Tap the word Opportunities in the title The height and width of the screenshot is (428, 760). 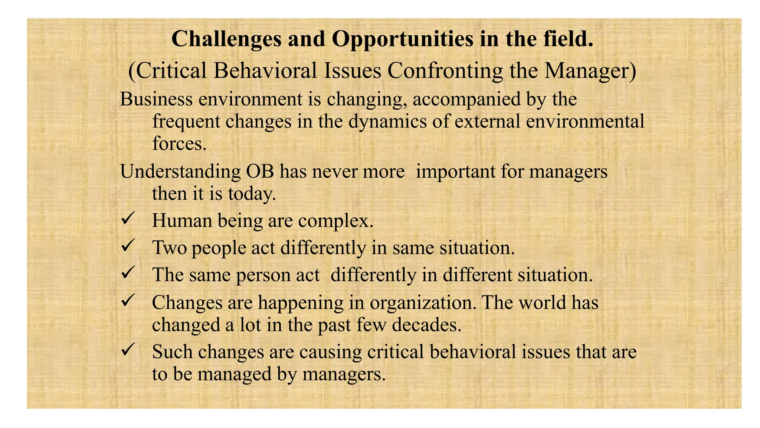coord(402,39)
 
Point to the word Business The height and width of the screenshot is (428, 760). coord(156,99)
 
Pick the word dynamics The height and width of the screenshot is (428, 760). coord(387,121)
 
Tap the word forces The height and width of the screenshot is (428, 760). coord(179,143)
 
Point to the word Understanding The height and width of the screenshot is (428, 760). coord(180,172)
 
